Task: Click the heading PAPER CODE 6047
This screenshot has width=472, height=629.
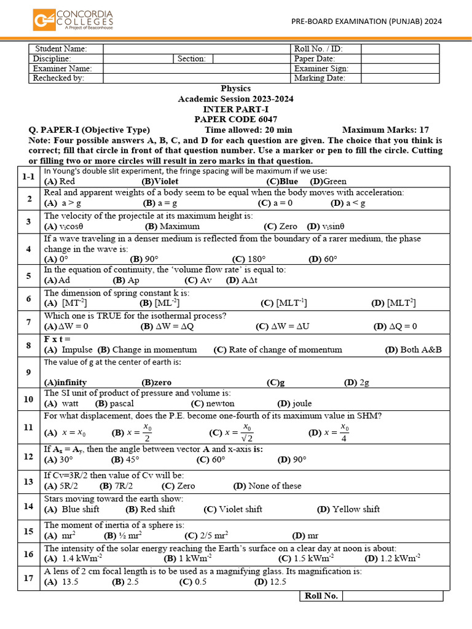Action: (x=236, y=119)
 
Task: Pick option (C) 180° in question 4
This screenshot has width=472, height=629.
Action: (x=249, y=259)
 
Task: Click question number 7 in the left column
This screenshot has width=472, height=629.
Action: (x=28, y=322)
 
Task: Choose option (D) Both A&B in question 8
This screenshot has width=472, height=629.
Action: (x=413, y=350)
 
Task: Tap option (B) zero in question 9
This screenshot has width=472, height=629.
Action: (x=157, y=382)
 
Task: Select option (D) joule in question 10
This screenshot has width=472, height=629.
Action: (x=294, y=404)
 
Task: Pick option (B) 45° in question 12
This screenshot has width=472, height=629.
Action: (x=126, y=459)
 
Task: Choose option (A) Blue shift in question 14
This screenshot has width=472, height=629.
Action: (x=72, y=509)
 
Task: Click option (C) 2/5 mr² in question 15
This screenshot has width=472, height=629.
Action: (x=208, y=536)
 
